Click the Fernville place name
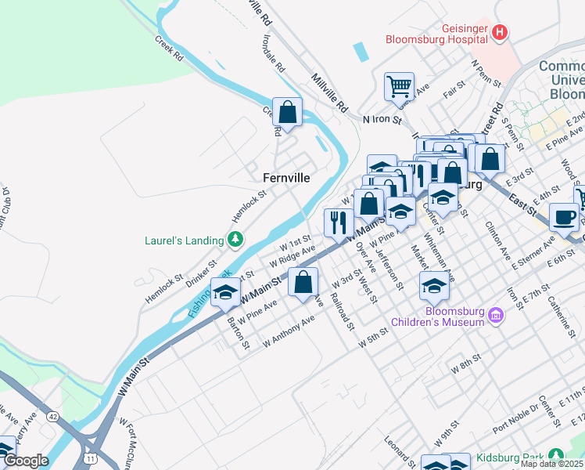[285, 179]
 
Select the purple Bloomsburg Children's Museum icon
[495, 316]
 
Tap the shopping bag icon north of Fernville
[288, 111]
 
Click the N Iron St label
[382, 120]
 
